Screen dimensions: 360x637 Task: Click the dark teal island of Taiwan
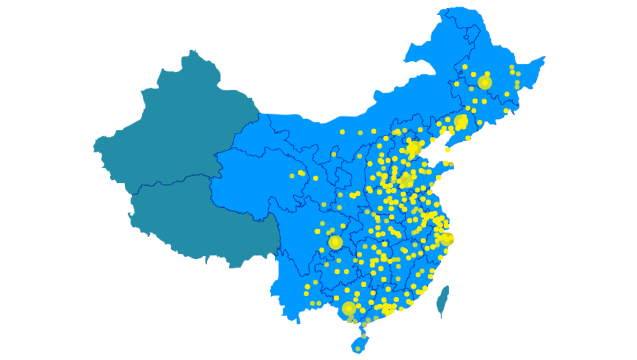(442, 300)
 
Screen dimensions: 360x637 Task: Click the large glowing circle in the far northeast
(484, 82)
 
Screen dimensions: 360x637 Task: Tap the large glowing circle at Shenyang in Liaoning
(461, 122)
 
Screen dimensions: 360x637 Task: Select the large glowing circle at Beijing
(414, 147)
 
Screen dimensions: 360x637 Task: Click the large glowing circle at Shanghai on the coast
(447, 239)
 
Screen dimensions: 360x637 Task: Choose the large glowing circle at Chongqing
(336, 242)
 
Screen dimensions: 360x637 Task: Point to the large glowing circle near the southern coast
(349, 309)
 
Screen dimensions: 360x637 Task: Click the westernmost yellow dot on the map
(292, 176)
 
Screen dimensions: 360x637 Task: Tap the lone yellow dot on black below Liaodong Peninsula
(448, 150)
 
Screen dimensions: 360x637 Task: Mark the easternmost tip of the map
(545, 57)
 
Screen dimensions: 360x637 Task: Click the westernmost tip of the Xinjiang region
(93, 145)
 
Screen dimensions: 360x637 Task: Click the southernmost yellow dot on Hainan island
(357, 349)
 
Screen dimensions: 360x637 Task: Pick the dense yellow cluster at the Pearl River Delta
(386, 309)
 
